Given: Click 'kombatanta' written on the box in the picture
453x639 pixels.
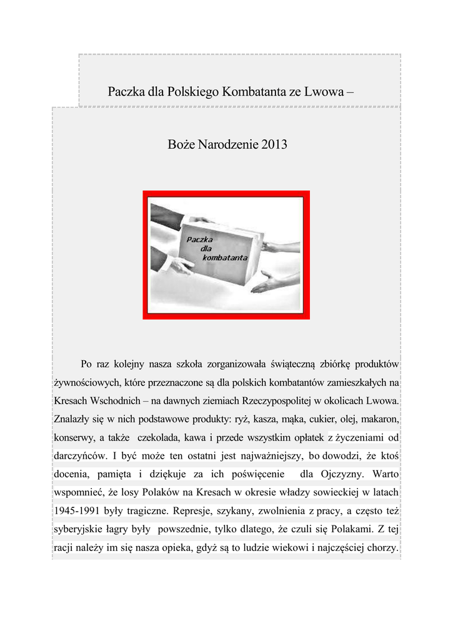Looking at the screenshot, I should [x=225, y=257].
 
